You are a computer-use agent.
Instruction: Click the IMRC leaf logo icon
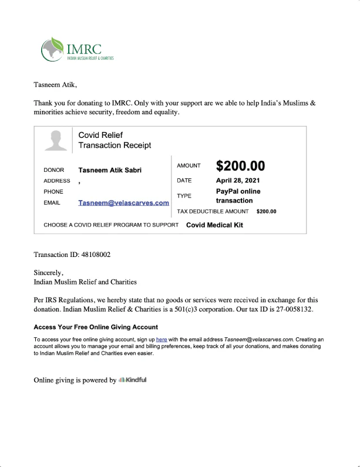(53, 49)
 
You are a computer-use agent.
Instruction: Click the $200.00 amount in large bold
(240, 166)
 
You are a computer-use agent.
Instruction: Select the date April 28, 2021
(238, 181)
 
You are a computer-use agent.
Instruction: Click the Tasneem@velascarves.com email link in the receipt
(123, 203)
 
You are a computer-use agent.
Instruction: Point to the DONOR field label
(54, 170)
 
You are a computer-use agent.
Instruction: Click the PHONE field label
(53, 192)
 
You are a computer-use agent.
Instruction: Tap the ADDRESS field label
(57, 181)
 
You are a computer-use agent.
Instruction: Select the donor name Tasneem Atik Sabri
(110, 170)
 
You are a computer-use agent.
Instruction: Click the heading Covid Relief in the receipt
(100, 136)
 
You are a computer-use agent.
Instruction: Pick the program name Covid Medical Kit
(214, 225)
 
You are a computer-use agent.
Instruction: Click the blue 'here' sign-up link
(162, 340)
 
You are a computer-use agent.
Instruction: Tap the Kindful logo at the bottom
(132, 380)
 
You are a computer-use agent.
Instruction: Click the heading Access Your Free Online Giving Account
(96, 327)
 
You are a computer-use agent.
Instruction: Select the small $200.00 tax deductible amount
(266, 212)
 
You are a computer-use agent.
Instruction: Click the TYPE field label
(184, 196)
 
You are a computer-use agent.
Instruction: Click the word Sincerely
(48, 273)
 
